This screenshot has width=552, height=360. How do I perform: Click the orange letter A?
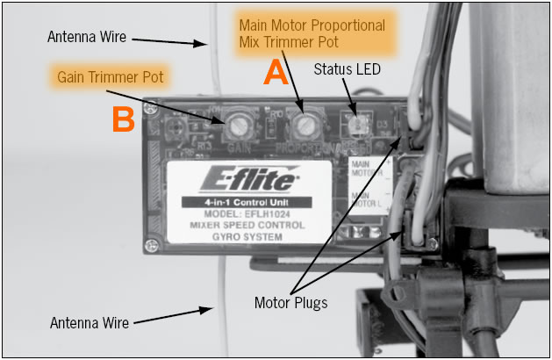[x=276, y=73]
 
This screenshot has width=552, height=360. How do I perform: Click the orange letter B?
[x=122, y=119]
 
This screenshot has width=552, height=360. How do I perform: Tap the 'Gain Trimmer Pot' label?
[x=111, y=76]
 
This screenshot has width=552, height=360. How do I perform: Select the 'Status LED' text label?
[x=348, y=68]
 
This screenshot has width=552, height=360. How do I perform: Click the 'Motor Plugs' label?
[x=290, y=303]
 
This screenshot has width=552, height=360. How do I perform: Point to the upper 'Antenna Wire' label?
[x=85, y=37]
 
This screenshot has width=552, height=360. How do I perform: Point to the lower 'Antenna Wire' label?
[x=90, y=323]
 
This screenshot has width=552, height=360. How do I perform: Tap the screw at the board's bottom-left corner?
[x=154, y=244]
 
